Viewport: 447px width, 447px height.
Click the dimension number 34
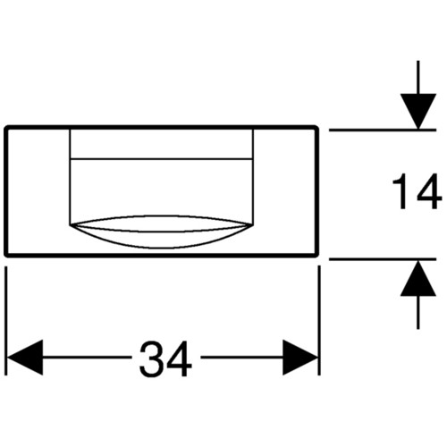165,359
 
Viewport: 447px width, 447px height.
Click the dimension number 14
417,191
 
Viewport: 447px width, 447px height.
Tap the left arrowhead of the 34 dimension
25,358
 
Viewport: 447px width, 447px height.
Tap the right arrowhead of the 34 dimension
300,358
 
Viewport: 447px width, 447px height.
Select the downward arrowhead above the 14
418,111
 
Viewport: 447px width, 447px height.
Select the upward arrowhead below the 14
418,278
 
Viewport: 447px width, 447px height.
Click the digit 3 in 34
151,359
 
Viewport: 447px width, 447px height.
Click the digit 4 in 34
179,359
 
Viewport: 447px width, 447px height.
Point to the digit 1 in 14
401,191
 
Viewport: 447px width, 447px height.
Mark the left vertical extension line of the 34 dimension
6,321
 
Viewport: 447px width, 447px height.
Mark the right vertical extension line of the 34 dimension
319,321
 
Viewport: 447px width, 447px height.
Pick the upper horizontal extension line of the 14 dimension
383,131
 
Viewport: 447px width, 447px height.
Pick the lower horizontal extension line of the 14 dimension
383,259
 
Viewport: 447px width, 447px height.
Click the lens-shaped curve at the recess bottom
161,248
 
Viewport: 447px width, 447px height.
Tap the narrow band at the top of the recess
161,144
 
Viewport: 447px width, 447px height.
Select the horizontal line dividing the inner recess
161,159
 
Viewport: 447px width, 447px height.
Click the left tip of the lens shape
70,225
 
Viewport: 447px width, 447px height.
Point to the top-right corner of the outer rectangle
316,128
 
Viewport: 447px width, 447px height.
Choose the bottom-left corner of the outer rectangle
6,255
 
